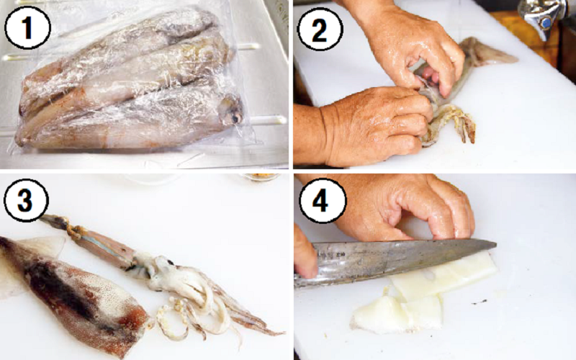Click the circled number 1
click(27, 28)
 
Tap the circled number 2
click(319, 29)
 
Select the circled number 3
click(26, 200)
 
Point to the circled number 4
click(322, 200)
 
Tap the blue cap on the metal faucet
click(546, 23)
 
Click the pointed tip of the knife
click(496, 243)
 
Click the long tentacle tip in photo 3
click(280, 333)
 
